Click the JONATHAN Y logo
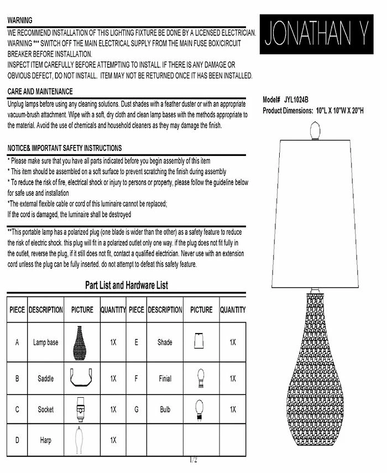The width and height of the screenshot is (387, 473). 316,34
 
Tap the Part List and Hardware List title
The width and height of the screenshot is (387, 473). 127,285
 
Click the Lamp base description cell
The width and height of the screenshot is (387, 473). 45,342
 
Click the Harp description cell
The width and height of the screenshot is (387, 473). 45,440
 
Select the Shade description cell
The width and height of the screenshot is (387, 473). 165,342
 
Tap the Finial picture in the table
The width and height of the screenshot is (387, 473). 200,378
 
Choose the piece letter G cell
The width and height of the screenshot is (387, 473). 136,410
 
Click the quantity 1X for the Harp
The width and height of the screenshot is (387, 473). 113,440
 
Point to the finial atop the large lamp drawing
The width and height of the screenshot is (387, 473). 316,131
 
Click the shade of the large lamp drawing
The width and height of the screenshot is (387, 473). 316,213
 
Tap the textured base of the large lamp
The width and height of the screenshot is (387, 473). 316,376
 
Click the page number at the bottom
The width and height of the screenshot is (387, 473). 193,460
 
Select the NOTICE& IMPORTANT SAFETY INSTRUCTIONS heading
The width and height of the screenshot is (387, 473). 65,148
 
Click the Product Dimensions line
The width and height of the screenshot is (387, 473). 313,110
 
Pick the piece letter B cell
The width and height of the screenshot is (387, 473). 17,379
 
